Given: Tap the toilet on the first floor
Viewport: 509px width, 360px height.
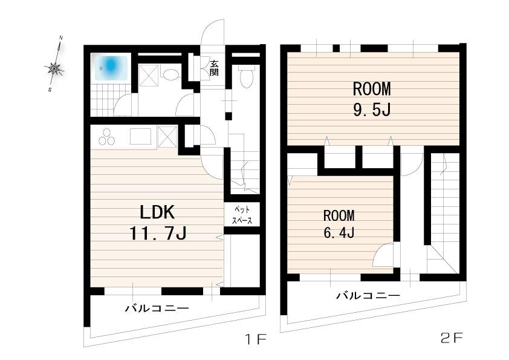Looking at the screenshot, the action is (x=246, y=76).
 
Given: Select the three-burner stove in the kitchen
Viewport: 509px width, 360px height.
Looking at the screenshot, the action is (x=107, y=137).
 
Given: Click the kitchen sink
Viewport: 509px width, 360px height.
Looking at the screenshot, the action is (x=141, y=137).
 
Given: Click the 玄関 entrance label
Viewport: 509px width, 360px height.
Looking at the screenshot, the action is (x=213, y=68).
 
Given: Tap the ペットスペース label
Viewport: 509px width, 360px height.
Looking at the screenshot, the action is (x=242, y=215).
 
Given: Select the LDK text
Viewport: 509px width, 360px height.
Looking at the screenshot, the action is (x=157, y=212).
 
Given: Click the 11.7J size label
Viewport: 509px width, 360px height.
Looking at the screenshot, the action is (x=158, y=233).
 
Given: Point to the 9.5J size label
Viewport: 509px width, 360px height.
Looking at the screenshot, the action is (x=372, y=110).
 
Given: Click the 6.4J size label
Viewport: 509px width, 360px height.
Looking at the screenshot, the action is (x=339, y=232).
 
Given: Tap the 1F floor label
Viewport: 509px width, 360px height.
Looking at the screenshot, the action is (x=256, y=340).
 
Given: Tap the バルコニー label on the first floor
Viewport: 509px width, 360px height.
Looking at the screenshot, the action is (x=157, y=308).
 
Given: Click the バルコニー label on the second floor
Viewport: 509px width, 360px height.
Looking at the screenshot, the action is (x=368, y=295).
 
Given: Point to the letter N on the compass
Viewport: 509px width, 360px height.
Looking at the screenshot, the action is (x=61, y=38).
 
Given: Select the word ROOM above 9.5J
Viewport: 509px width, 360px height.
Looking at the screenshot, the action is (x=372, y=89).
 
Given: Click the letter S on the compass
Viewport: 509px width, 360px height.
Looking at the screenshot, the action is (x=50, y=90).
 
